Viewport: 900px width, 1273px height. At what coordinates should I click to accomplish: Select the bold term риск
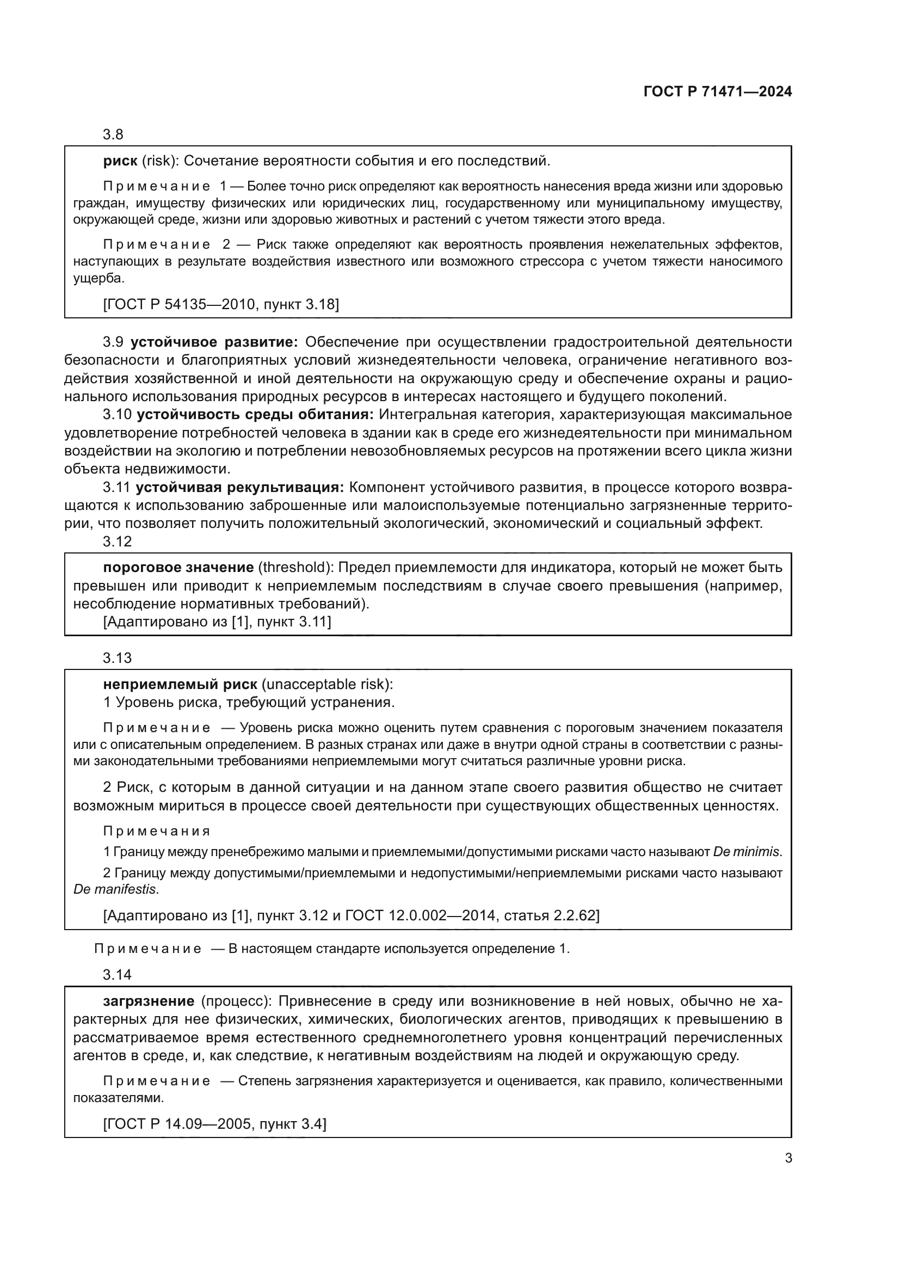tap(120, 161)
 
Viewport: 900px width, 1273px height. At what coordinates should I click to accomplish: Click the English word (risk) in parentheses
tap(160, 161)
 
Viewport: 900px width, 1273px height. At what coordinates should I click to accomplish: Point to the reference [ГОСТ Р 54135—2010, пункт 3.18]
tap(220, 304)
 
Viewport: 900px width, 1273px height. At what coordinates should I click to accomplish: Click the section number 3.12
tap(117, 542)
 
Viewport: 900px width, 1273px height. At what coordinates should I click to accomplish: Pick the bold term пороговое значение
tap(178, 567)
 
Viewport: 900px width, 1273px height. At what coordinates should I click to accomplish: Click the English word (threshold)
tap(295, 567)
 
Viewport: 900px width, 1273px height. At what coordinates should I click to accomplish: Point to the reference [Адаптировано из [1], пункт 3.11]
tap(217, 622)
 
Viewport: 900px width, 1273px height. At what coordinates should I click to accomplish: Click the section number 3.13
tap(117, 658)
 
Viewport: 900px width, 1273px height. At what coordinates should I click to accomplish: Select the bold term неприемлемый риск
tap(180, 684)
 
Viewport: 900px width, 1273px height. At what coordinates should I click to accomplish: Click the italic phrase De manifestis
tap(115, 889)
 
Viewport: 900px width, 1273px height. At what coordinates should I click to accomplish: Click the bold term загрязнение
tap(149, 1001)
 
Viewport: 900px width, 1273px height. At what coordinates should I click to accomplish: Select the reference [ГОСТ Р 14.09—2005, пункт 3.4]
tap(214, 1124)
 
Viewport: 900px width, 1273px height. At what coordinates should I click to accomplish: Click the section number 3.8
tap(113, 134)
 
